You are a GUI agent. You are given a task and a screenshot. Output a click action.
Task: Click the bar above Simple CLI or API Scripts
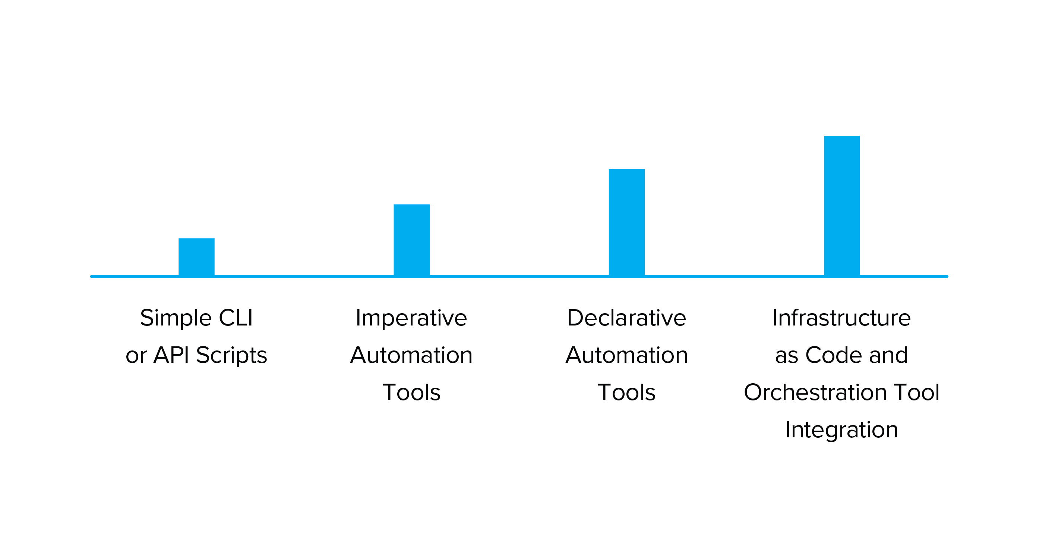pos(197,257)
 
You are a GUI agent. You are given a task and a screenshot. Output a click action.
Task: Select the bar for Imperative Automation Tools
pos(411,240)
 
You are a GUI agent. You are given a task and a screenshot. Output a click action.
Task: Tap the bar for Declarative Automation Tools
pos(626,222)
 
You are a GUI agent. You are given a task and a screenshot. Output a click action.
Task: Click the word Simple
pos(176,319)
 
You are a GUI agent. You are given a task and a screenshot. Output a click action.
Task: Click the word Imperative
pos(411,319)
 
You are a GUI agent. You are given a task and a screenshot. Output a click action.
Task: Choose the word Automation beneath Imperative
pos(411,355)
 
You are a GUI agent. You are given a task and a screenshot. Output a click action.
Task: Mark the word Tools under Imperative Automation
pos(411,392)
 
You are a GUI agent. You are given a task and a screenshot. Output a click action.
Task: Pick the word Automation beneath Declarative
pos(626,355)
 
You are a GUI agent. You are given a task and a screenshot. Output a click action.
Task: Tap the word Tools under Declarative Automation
pos(626,392)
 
